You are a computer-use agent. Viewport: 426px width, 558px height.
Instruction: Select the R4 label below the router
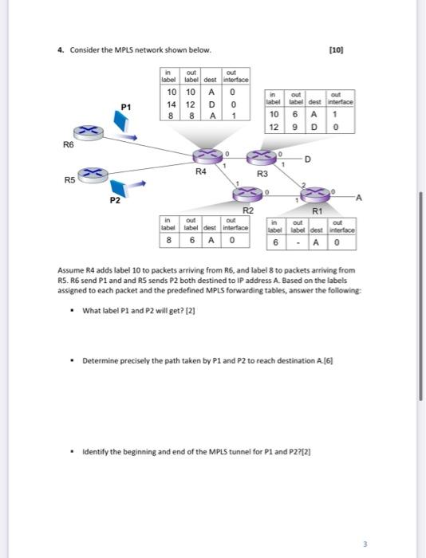coord(201,171)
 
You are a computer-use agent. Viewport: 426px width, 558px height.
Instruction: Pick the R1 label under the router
coord(316,210)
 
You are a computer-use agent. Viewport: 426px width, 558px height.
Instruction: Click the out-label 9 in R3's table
coord(296,126)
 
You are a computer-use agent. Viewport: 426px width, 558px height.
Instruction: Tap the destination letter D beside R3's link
coord(307,159)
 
